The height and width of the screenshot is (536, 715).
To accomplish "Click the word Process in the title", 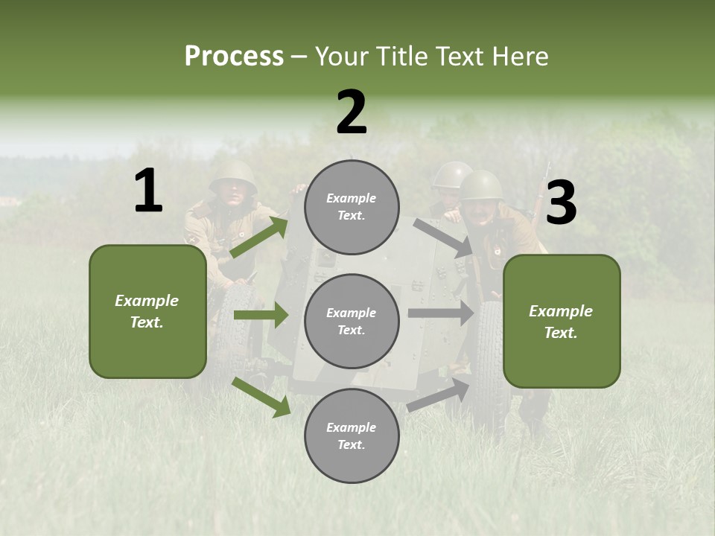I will pyautogui.click(x=234, y=57).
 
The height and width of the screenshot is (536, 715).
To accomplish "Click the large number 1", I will pyautogui.click(x=148, y=191).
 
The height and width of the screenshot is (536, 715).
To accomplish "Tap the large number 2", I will pyautogui.click(x=352, y=112).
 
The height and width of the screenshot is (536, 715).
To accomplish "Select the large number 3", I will pyautogui.click(x=561, y=203).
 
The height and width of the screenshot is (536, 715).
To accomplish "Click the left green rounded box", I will pyautogui.click(x=147, y=311).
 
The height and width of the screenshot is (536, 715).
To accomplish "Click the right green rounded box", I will pyautogui.click(x=562, y=321).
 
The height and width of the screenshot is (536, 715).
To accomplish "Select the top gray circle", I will pyautogui.click(x=352, y=207).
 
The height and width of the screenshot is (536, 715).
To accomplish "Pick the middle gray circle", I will pyautogui.click(x=352, y=321).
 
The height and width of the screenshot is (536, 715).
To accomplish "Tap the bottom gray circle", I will pyautogui.click(x=352, y=435).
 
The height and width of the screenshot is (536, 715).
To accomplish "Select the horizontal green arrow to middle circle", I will pyautogui.click(x=261, y=315).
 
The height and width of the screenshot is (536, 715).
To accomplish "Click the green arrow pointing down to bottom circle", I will pyautogui.click(x=261, y=397).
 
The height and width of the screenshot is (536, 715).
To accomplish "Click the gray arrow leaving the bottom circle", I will pyautogui.click(x=439, y=395).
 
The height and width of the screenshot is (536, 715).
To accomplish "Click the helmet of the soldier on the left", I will pyautogui.click(x=232, y=176).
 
